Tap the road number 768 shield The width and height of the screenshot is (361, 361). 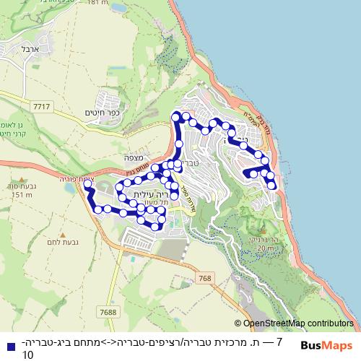pyautogui.click(x=206, y=278)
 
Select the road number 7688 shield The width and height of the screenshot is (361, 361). pyautogui.click(x=110, y=312)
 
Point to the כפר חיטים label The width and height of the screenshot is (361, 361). pyautogui.click(x=100, y=113)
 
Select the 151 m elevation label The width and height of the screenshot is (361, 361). pyautogui.click(x=22, y=195)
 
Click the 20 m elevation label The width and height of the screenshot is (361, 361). pyautogui.click(x=265, y=248)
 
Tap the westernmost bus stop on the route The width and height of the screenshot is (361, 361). pyautogui.click(x=87, y=185)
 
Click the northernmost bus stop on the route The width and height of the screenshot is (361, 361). pyautogui.click(x=175, y=116)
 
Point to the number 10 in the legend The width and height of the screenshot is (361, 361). pyautogui.click(x=28, y=355)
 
